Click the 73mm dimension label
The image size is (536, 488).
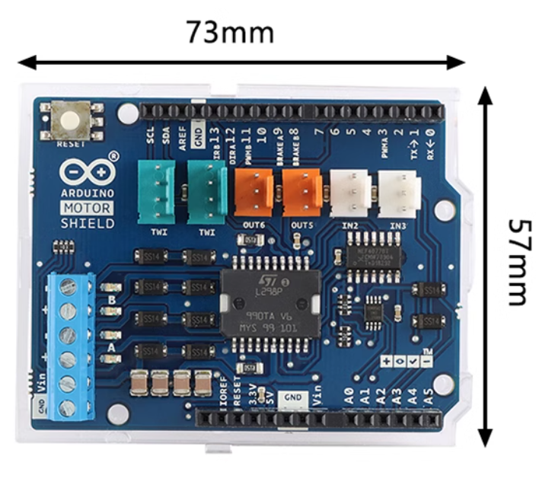230,32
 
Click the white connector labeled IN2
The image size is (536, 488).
350,187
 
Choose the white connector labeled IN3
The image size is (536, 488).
399,187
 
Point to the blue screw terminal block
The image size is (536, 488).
69,346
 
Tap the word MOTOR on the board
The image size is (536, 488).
88,208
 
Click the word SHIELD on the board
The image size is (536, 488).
88,223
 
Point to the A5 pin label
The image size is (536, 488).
429,395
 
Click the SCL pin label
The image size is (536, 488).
151,135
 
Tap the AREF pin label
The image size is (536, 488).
183,136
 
